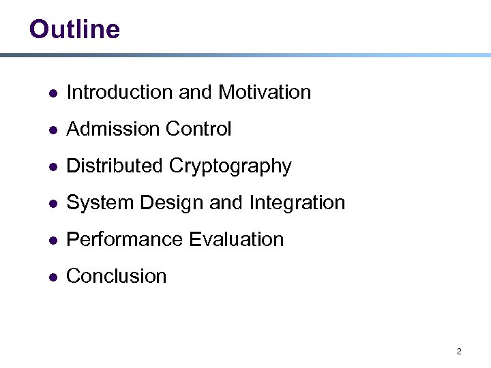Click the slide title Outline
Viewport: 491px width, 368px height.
coord(74,29)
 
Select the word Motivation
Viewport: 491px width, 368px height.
coord(265,92)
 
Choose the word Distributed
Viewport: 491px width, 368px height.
coord(115,166)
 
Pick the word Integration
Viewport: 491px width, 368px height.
coord(297,203)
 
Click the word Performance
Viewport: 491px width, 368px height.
coord(125,239)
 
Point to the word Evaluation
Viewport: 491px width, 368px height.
coord(237,239)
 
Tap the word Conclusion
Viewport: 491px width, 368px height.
coord(117,276)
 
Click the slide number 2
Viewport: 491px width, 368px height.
coord(459,352)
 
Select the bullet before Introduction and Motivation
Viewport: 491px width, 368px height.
coord(53,93)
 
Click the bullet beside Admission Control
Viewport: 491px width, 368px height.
coord(53,129)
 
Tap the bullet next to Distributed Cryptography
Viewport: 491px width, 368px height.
coord(53,166)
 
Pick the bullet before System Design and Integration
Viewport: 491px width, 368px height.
coord(53,203)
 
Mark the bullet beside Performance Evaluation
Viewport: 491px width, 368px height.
coord(53,240)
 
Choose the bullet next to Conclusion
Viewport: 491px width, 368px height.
coord(53,277)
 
